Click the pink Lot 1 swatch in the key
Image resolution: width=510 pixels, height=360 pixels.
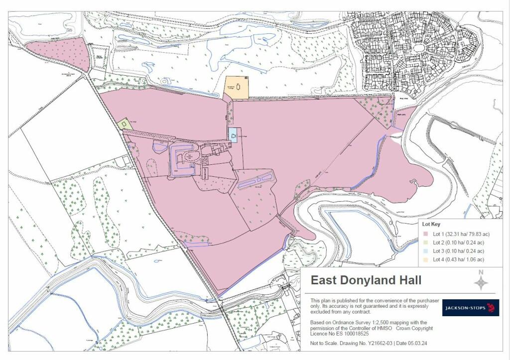coord(426,234)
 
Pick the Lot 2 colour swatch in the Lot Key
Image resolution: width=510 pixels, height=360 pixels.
coord(426,242)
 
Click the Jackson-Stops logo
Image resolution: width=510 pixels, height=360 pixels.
coord(470,308)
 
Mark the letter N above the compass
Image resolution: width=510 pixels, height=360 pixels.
coord(481,272)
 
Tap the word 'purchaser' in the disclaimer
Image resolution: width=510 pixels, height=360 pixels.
coord(425,301)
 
